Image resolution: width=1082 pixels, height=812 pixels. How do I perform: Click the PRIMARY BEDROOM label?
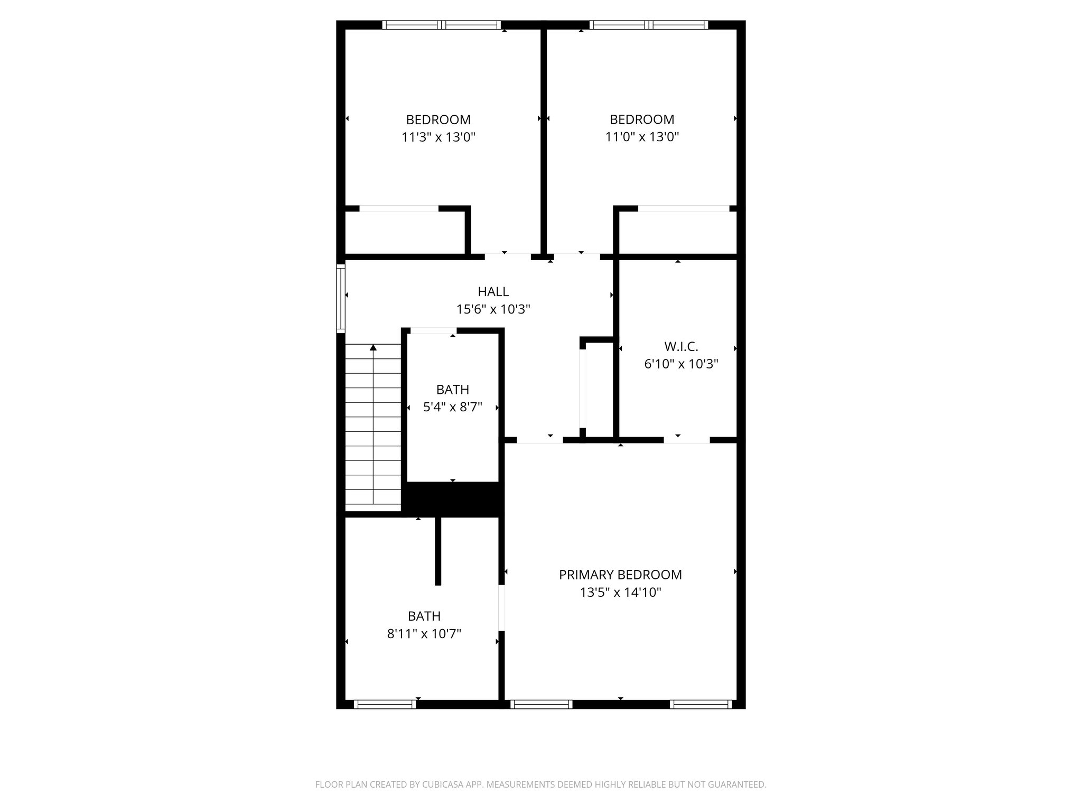click(620, 575)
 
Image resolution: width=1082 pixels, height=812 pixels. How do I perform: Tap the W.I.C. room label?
click(681, 347)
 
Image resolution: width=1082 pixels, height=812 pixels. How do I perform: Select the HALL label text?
click(493, 292)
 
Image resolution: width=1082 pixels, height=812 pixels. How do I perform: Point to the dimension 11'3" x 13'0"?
click(439, 137)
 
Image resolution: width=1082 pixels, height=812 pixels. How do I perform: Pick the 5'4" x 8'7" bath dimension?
click(453, 408)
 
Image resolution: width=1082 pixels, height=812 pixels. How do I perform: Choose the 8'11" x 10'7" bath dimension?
click(424, 634)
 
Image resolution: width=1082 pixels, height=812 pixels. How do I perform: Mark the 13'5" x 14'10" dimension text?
click(620, 593)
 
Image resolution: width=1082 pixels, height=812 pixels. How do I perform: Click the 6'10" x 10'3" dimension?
click(681, 364)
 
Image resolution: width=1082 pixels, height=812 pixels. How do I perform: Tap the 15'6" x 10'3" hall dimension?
click(493, 309)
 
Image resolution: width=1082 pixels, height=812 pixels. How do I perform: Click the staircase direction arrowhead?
click(373, 347)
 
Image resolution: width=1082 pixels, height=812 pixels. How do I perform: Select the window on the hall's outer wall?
click(341, 298)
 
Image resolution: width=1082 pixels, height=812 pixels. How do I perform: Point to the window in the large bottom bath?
click(385, 704)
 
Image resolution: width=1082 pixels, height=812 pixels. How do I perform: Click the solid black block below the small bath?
click(453, 498)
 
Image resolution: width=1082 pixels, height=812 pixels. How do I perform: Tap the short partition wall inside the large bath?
click(437, 551)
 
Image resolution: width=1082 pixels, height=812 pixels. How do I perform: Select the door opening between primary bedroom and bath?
click(501, 607)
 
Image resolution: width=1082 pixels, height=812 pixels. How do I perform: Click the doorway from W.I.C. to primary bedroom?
click(686, 440)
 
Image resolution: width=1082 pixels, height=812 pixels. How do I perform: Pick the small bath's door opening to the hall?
click(433, 331)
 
